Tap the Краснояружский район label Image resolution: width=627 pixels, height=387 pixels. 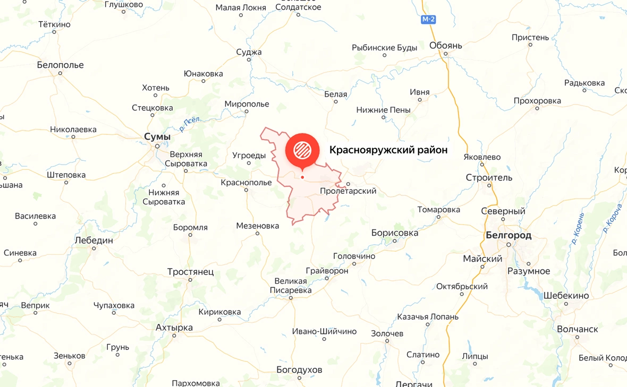tap(388, 150)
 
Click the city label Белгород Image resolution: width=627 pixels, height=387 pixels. tap(508, 235)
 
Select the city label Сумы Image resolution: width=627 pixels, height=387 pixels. tap(157, 137)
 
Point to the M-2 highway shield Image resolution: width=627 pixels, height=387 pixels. tap(428, 20)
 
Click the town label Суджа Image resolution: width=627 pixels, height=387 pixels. tap(249, 52)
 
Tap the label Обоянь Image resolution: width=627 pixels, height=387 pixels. tap(445, 46)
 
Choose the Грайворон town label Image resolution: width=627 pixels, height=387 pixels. tap(327, 271)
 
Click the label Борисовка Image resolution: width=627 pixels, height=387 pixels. tap(394, 233)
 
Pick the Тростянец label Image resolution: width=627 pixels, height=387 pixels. tap(190, 272)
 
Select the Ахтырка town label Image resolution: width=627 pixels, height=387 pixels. tap(174, 328)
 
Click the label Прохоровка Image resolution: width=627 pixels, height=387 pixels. tap(537, 101)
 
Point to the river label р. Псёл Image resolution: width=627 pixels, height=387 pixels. tap(190, 123)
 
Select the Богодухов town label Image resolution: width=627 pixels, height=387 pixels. tap(299, 369)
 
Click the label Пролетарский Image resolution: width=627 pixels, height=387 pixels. tap(348, 191)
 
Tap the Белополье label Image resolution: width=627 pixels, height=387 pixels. tap(60, 65)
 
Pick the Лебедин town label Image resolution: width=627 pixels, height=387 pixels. tap(94, 240)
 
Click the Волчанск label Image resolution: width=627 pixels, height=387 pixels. tap(577, 329)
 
